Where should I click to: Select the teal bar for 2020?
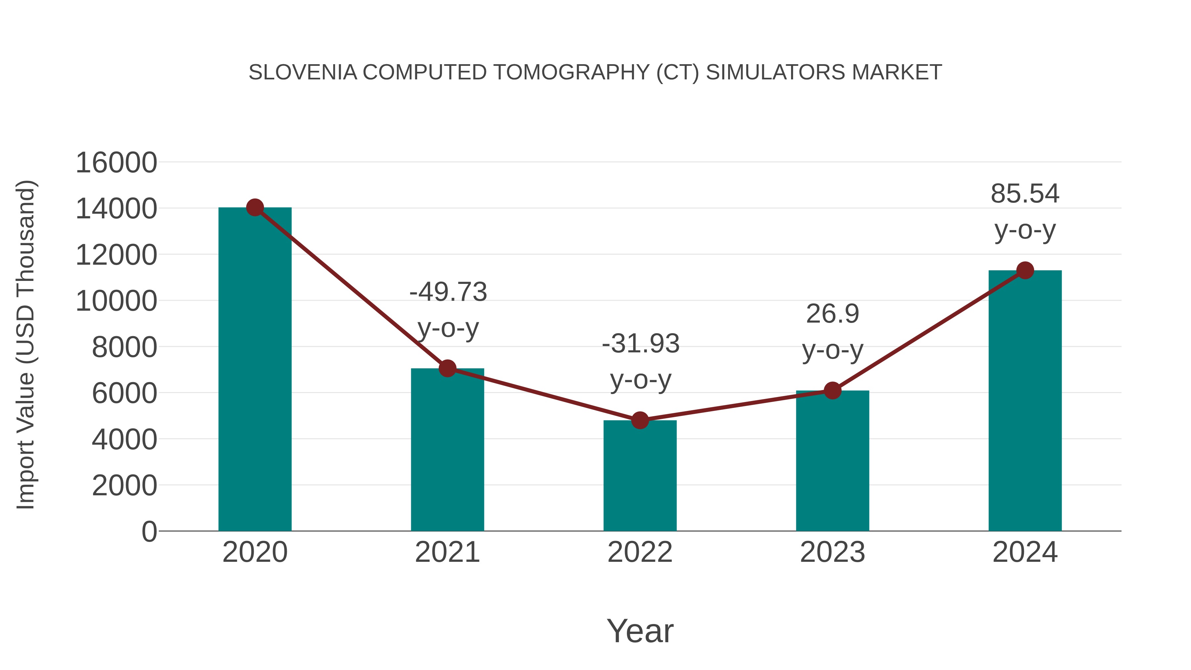coord(255,370)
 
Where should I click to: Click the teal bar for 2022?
coord(640,476)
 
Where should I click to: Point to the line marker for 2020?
coord(255,207)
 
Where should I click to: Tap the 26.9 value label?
coord(832,314)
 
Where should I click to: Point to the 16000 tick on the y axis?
coord(116,163)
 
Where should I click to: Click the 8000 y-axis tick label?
coord(124,347)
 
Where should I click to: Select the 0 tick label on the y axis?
coord(149,532)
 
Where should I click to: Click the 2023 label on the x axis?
coord(832,552)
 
